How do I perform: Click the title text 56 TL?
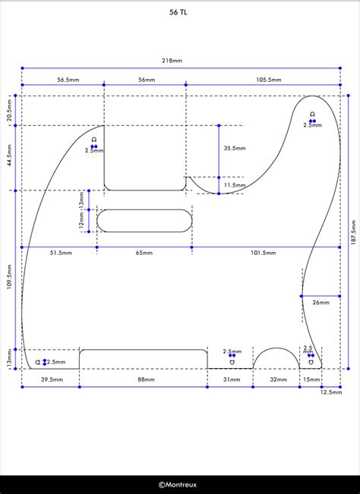(178, 12)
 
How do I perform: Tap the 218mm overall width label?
(172, 61)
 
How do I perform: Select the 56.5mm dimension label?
(68, 80)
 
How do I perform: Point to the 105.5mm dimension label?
(268, 80)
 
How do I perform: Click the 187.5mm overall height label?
(353, 232)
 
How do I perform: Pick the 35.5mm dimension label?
(235, 148)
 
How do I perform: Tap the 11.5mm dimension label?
(235, 185)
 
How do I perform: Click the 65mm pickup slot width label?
(144, 253)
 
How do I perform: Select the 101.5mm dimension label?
(264, 253)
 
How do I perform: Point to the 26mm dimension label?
(321, 303)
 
